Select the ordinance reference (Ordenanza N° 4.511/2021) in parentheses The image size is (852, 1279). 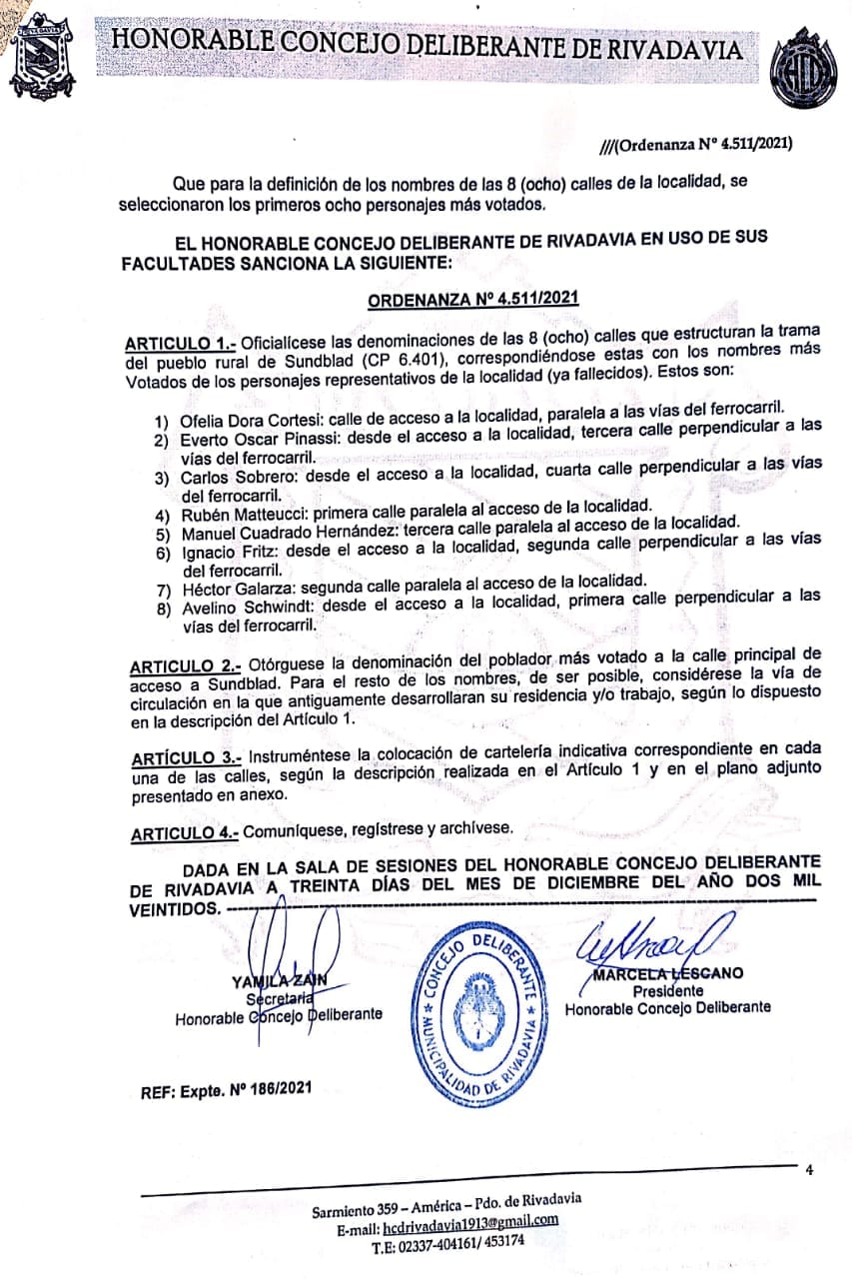(704, 143)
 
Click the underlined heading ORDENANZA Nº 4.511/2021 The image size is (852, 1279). (474, 299)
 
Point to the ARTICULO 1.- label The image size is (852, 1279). (180, 341)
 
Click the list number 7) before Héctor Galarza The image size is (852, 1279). (163, 590)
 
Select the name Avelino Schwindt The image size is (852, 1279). (241, 608)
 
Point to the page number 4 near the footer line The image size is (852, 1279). (810, 1170)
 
